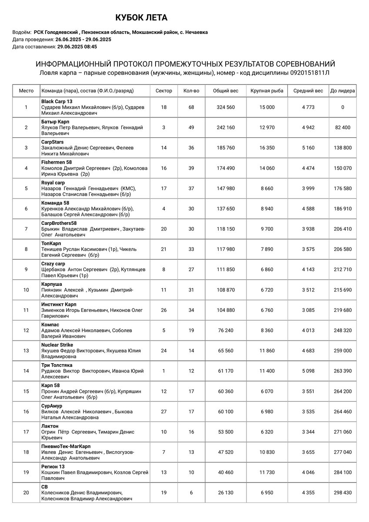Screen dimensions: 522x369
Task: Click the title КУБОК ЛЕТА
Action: click(x=141, y=18)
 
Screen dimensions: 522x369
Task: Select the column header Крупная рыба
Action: click(x=267, y=91)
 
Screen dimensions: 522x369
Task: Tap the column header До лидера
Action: click(x=342, y=91)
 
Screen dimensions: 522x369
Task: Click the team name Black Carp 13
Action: click(x=57, y=101)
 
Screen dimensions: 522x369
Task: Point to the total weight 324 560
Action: click(x=226, y=107)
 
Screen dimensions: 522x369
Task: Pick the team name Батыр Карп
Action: click(x=55, y=121)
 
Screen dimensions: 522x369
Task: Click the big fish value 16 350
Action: click(x=267, y=148)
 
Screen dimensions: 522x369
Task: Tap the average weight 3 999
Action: click(x=308, y=188)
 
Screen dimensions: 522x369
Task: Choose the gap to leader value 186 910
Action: click(x=342, y=209)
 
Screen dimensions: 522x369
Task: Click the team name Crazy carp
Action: click(x=53, y=264)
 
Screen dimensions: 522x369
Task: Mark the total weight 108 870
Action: click(x=226, y=290)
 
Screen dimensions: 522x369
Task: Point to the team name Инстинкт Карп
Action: click(x=59, y=304)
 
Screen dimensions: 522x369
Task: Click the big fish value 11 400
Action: click(x=267, y=371)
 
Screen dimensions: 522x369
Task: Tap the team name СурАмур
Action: click(x=52, y=406)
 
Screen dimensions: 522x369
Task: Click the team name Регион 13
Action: click(x=53, y=466)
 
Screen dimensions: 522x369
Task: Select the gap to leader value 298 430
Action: click(x=342, y=493)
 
